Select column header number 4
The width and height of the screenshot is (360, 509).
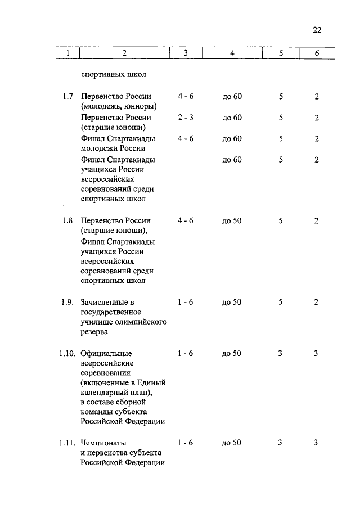(232, 53)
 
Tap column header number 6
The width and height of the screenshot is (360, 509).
(317, 53)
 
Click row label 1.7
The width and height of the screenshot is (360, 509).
(68, 97)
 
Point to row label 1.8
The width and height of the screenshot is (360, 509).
(68, 220)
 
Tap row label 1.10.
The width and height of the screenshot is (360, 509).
(66, 353)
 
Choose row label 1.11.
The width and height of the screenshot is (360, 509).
(66, 443)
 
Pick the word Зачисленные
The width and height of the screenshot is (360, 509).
(107, 302)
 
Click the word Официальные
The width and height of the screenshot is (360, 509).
(106, 353)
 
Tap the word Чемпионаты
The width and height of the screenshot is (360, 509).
(104, 443)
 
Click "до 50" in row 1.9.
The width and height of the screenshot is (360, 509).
(232, 302)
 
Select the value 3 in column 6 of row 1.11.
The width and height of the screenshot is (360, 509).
(316, 443)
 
